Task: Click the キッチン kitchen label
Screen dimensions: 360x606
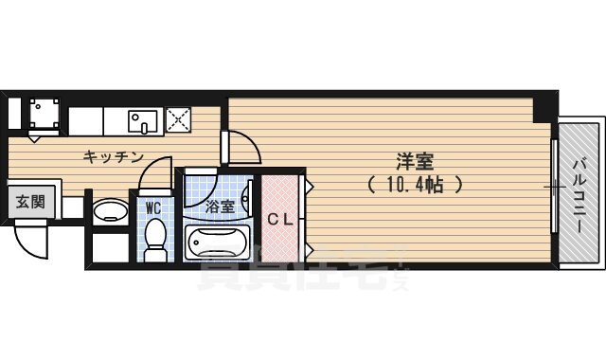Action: coord(113,156)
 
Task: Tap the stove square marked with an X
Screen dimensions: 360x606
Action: coord(178,119)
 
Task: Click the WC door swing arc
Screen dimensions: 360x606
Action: coord(152,172)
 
